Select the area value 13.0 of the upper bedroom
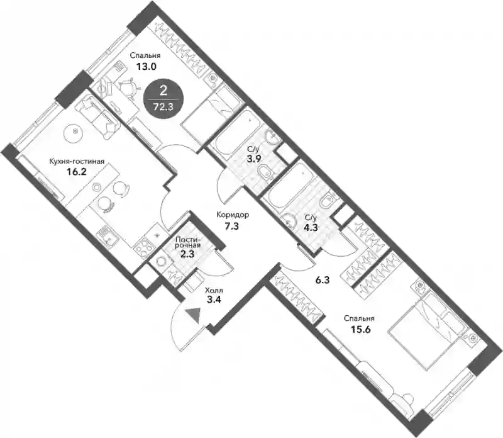click(146, 67)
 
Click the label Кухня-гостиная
click(77, 161)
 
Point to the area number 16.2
click(77, 172)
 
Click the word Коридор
click(233, 215)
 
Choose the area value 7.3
click(231, 227)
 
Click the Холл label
click(214, 291)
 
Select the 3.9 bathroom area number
click(253, 159)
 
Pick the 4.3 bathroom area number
click(311, 227)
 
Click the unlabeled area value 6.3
click(323, 280)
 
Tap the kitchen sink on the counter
click(107, 237)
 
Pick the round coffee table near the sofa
click(75, 132)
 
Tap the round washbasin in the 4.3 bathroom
click(289, 222)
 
